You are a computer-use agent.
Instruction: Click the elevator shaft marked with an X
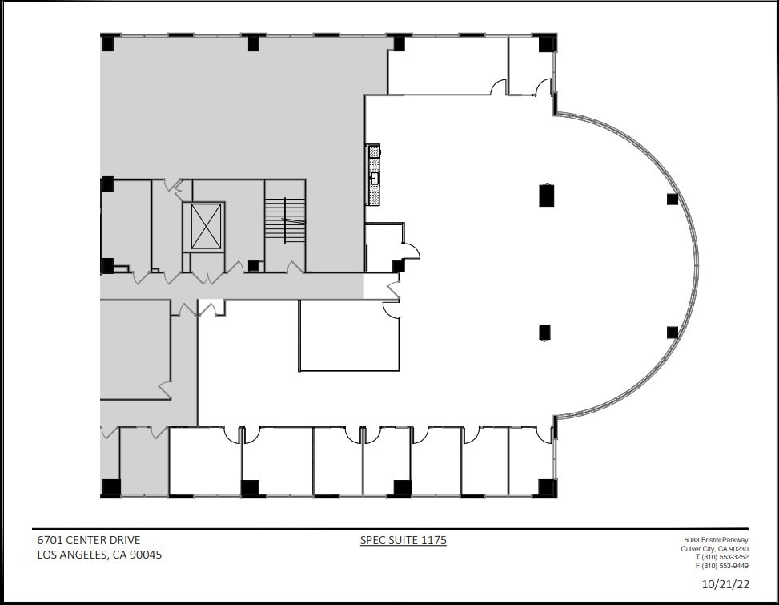[x=206, y=227]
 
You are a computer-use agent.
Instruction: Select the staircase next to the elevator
[x=285, y=220]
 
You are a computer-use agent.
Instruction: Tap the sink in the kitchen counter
[x=374, y=179]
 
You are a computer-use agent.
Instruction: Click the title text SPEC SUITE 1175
[x=404, y=541]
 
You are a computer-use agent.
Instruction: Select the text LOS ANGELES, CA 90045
[x=99, y=555]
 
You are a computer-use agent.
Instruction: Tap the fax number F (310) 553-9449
[x=721, y=566]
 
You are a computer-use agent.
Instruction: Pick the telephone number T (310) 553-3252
[x=721, y=557]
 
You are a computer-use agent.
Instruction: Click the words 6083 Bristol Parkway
[x=716, y=540]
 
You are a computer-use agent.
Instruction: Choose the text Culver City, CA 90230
[x=714, y=549]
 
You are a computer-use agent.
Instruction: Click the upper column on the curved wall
[x=673, y=199]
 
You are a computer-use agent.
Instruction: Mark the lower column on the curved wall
[x=673, y=332]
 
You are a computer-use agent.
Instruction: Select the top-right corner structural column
[x=547, y=43]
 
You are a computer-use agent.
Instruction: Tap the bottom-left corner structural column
[x=110, y=487]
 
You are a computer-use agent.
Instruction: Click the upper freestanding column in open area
[x=547, y=195]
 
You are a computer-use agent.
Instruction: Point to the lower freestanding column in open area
[x=545, y=332]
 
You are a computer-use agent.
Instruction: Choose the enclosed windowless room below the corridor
[x=348, y=337]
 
